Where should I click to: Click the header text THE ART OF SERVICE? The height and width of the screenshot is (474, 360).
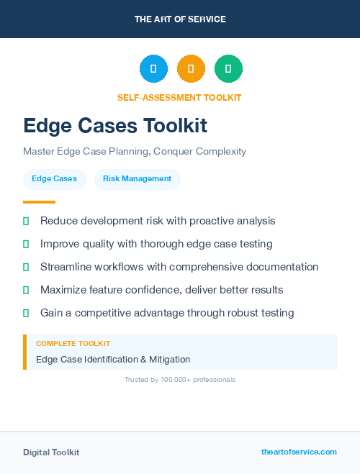point(180,19)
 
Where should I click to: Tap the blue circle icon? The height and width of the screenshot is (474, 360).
point(153,69)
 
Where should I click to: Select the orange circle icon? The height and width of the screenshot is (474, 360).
point(191,69)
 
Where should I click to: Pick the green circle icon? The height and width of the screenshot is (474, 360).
point(228,69)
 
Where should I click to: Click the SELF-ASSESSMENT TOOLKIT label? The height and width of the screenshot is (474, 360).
point(179,98)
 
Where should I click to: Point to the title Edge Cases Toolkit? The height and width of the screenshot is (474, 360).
point(115,126)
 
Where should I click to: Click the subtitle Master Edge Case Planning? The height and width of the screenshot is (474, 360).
point(135,152)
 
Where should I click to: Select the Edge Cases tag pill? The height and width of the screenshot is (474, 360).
point(54,179)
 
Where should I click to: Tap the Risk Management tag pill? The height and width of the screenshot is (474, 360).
point(137,179)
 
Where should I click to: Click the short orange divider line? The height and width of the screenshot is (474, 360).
point(39,202)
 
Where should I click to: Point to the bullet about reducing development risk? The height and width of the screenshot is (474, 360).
point(158,221)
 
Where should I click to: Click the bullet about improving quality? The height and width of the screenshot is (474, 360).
point(156,244)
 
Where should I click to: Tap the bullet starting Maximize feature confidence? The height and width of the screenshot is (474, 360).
point(161,290)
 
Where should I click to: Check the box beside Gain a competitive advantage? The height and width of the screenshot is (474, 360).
point(26,313)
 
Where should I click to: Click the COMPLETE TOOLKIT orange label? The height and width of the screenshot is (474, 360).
point(73,344)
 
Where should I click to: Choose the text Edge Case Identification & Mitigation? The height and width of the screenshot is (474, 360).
point(113,359)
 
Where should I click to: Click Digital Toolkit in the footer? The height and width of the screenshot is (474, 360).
point(51,452)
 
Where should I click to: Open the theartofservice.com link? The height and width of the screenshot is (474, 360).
point(299,452)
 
